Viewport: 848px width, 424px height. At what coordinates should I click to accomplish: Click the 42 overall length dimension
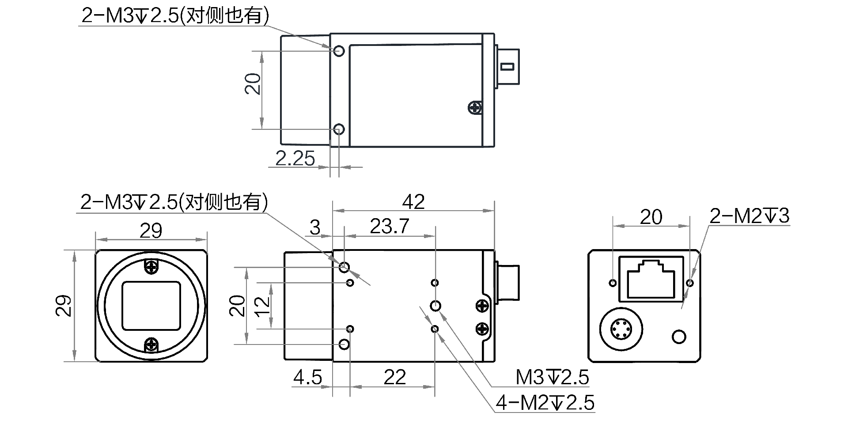pos(413,202)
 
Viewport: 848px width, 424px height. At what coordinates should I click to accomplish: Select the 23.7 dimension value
pos(389,226)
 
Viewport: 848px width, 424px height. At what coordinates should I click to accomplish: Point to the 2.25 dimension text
pos(295,159)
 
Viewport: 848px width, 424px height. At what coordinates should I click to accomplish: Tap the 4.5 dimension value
pos(307,378)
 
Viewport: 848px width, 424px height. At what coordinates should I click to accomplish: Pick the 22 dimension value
pos(394,378)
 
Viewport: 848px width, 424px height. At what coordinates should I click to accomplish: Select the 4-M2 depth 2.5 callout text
pos(545,403)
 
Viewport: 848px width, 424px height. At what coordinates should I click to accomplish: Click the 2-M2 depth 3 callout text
pos(749,216)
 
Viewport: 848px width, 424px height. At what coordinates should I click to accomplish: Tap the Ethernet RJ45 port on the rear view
pos(651,279)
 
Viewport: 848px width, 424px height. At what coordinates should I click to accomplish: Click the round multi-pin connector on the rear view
pos(621,329)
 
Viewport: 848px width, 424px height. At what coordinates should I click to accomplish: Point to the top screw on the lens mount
pos(151,267)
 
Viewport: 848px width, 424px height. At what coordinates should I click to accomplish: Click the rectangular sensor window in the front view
pos(151,306)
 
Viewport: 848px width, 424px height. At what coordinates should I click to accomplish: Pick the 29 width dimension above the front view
pos(151,231)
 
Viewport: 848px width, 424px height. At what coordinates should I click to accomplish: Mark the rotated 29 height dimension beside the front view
pos(64,306)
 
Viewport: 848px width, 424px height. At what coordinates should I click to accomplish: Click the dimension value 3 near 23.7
pos(314,227)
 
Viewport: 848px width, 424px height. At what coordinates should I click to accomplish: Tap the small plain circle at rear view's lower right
pos(679,337)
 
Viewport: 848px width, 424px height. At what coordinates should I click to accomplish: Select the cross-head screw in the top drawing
pos(475,107)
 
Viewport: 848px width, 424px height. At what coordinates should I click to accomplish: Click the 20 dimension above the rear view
pos(651,217)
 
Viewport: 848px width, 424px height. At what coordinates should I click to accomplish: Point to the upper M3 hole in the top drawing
pos(339,51)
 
